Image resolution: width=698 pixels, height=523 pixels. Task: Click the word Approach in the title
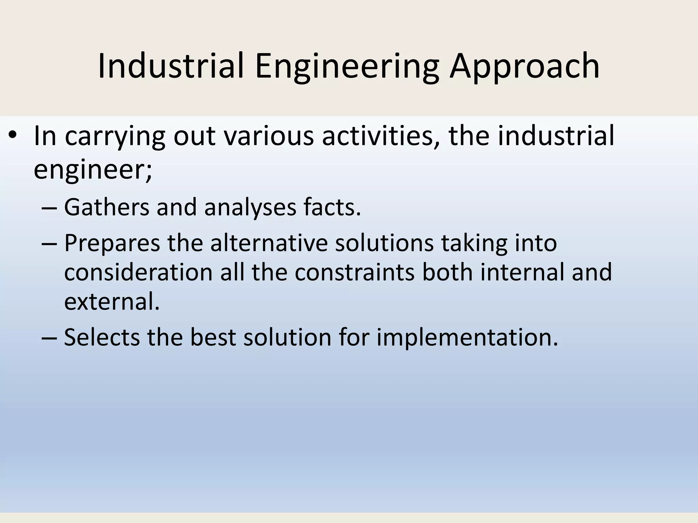coord(524,66)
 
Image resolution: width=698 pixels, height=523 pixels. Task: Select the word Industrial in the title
coord(171,66)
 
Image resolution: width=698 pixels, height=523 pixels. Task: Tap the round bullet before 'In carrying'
coord(13,135)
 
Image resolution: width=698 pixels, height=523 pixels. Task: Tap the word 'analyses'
coord(250,207)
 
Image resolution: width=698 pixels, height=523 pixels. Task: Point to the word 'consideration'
coord(138,272)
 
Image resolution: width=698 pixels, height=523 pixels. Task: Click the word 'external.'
coord(112,302)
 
